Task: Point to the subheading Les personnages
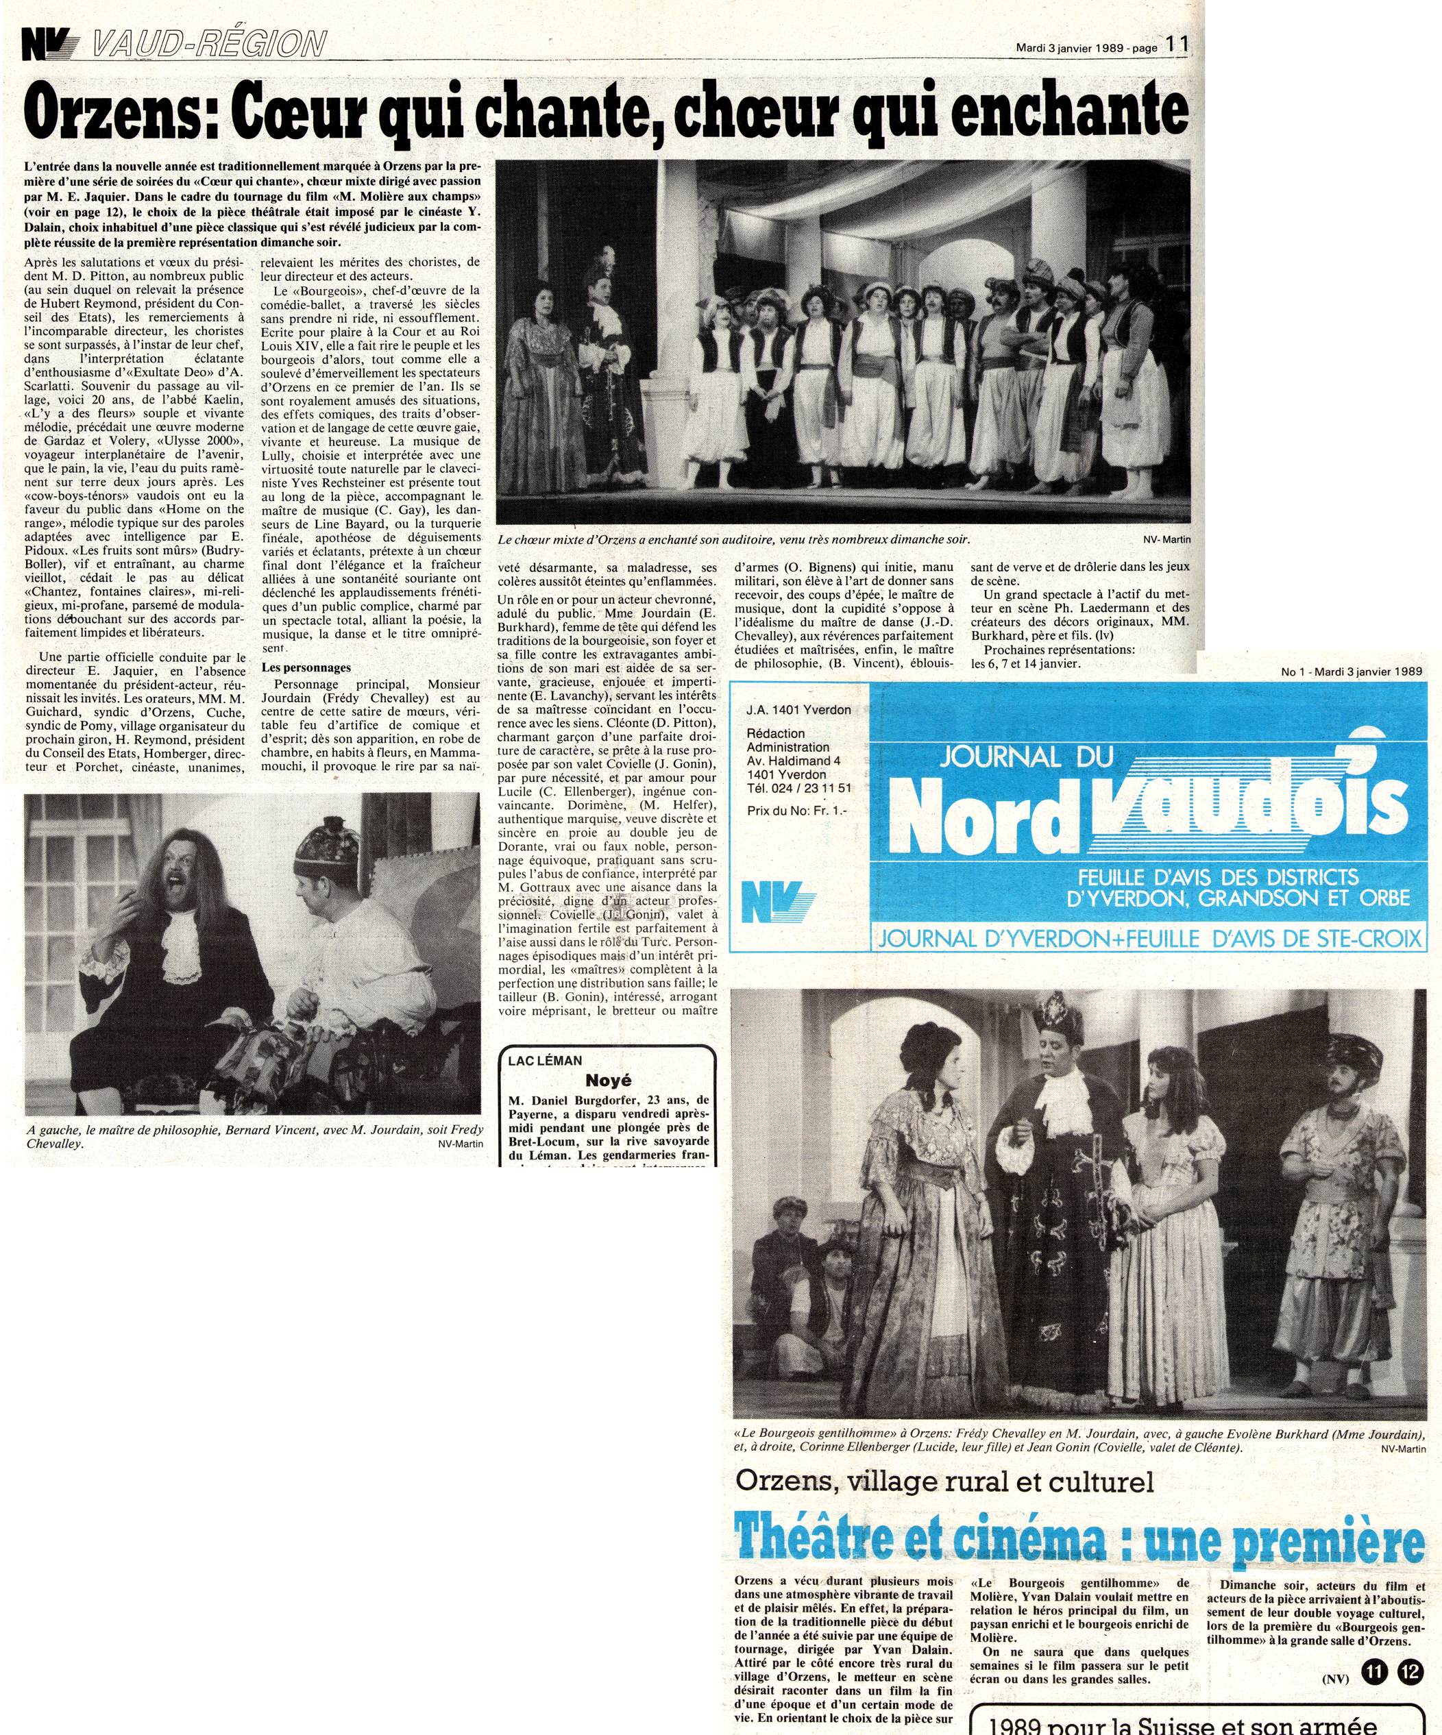pos(306,667)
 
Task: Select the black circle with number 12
pos(1410,1626)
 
